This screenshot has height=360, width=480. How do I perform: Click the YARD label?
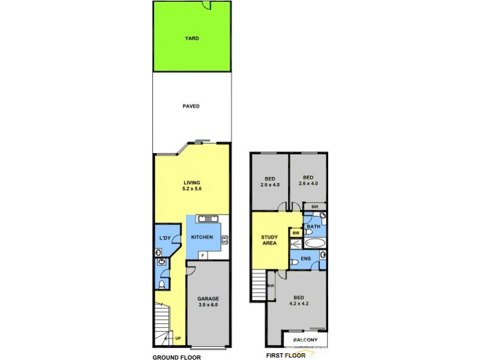[191, 38]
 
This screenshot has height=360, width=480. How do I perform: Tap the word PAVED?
[191, 106]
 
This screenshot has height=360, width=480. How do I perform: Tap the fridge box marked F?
[202, 255]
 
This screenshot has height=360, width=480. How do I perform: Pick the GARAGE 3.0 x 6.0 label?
[208, 302]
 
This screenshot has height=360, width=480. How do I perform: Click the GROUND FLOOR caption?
[176, 356]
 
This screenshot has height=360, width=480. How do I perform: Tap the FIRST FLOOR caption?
[286, 355]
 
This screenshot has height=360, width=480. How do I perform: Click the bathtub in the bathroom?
[314, 244]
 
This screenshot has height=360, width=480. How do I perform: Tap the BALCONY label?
[305, 340]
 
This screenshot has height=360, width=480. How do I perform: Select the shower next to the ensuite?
[296, 244]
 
